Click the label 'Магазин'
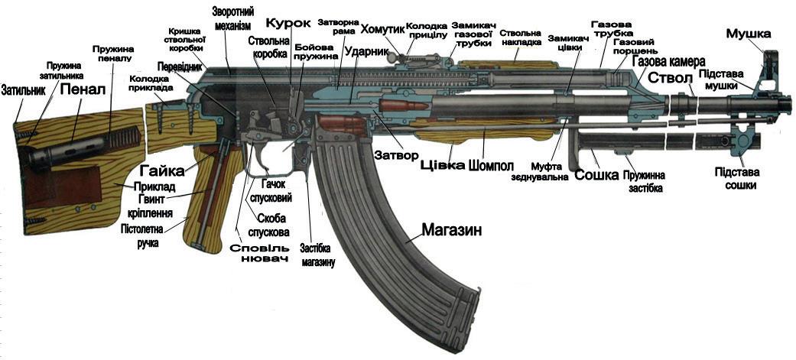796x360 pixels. tap(451, 229)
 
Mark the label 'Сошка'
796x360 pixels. tap(596, 175)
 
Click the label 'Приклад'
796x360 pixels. tap(155, 186)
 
